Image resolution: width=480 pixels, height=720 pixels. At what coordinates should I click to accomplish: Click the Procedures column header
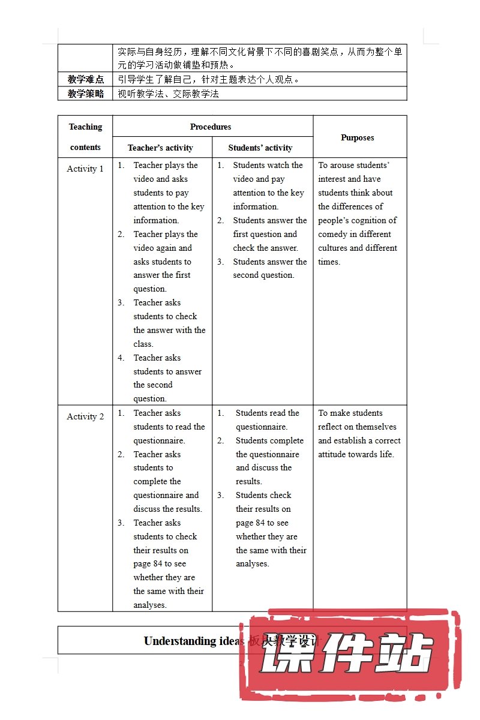(x=211, y=127)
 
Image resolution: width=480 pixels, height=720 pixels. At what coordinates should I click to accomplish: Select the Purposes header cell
(x=358, y=137)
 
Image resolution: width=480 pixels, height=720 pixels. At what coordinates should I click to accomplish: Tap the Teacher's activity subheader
(x=160, y=148)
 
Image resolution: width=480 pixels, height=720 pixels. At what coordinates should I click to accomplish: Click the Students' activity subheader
(x=260, y=148)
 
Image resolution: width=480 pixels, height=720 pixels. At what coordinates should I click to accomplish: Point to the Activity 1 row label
(x=85, y=169)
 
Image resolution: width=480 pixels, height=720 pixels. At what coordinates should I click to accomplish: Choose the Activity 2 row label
(x=85, y=416)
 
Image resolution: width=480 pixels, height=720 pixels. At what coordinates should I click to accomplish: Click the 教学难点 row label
(x=86, y=79)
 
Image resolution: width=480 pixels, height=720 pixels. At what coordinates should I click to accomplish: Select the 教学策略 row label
(x=86, y=94)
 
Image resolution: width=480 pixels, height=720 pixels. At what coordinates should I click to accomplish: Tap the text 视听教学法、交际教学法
(x=169, y=94)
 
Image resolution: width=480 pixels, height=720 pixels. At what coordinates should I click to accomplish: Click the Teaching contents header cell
(x=85, y=137)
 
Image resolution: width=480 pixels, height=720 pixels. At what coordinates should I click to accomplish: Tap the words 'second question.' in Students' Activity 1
(x=263, y=275)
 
